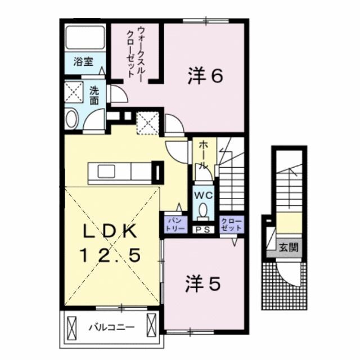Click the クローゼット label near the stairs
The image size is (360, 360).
pos(231,224)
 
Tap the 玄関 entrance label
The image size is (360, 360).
pos(287,246)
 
